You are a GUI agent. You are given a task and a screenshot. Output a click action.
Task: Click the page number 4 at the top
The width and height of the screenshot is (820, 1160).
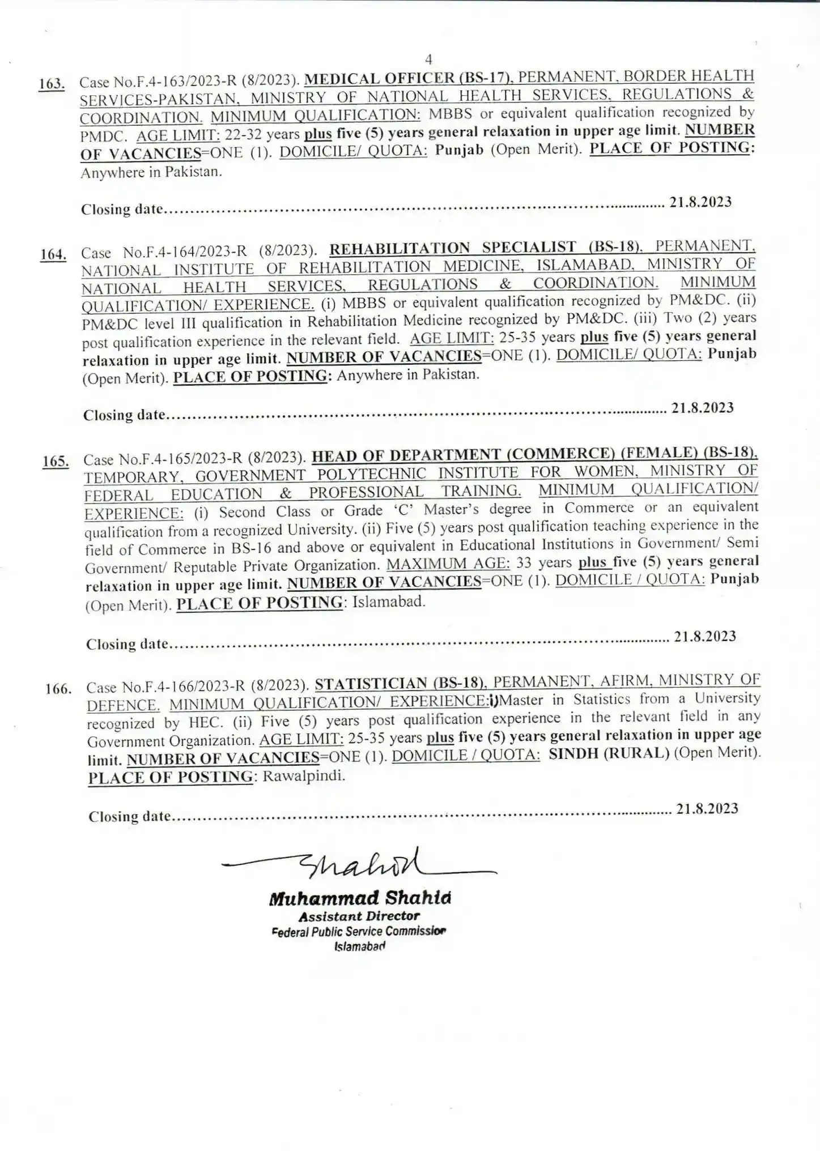428,59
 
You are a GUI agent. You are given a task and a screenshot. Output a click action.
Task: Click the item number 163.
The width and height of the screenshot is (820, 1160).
52,84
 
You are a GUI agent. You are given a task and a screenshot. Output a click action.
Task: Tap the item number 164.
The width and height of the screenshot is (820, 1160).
53,254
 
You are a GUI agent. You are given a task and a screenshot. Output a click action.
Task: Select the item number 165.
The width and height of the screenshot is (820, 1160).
56,461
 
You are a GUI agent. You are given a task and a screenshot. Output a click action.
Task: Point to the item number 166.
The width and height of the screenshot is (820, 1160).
58,689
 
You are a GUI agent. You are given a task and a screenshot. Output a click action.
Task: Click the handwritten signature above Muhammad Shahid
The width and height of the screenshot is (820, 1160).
363,864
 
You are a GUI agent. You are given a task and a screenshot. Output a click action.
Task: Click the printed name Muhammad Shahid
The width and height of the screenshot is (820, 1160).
360,898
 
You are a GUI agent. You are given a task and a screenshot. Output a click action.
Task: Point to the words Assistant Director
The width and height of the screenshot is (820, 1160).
359,916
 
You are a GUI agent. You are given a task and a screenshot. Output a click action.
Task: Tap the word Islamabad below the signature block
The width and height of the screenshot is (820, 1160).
360,946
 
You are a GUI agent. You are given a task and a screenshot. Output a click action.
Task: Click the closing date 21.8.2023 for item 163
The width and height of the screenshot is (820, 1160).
700,202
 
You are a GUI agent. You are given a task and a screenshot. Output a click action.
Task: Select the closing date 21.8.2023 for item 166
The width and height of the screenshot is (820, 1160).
707,808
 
